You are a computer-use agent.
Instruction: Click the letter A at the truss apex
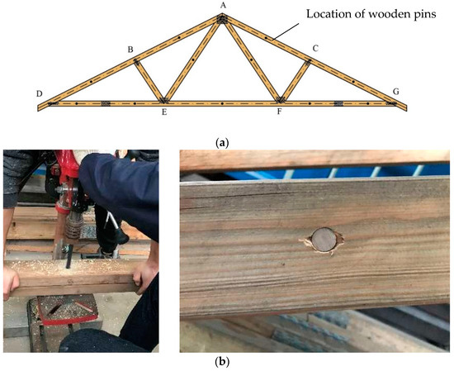[x=222, y=6]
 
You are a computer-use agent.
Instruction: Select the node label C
[x=314, y=50]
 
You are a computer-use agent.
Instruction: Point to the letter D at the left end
[x=39, y=93]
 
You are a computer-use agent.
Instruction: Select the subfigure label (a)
[x=222, y=143]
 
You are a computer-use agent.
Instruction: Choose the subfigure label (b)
[x=222, y=361]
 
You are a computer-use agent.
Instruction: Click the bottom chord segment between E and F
[x=223, y=104]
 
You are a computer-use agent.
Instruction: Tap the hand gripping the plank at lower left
[x=12, y=281]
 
